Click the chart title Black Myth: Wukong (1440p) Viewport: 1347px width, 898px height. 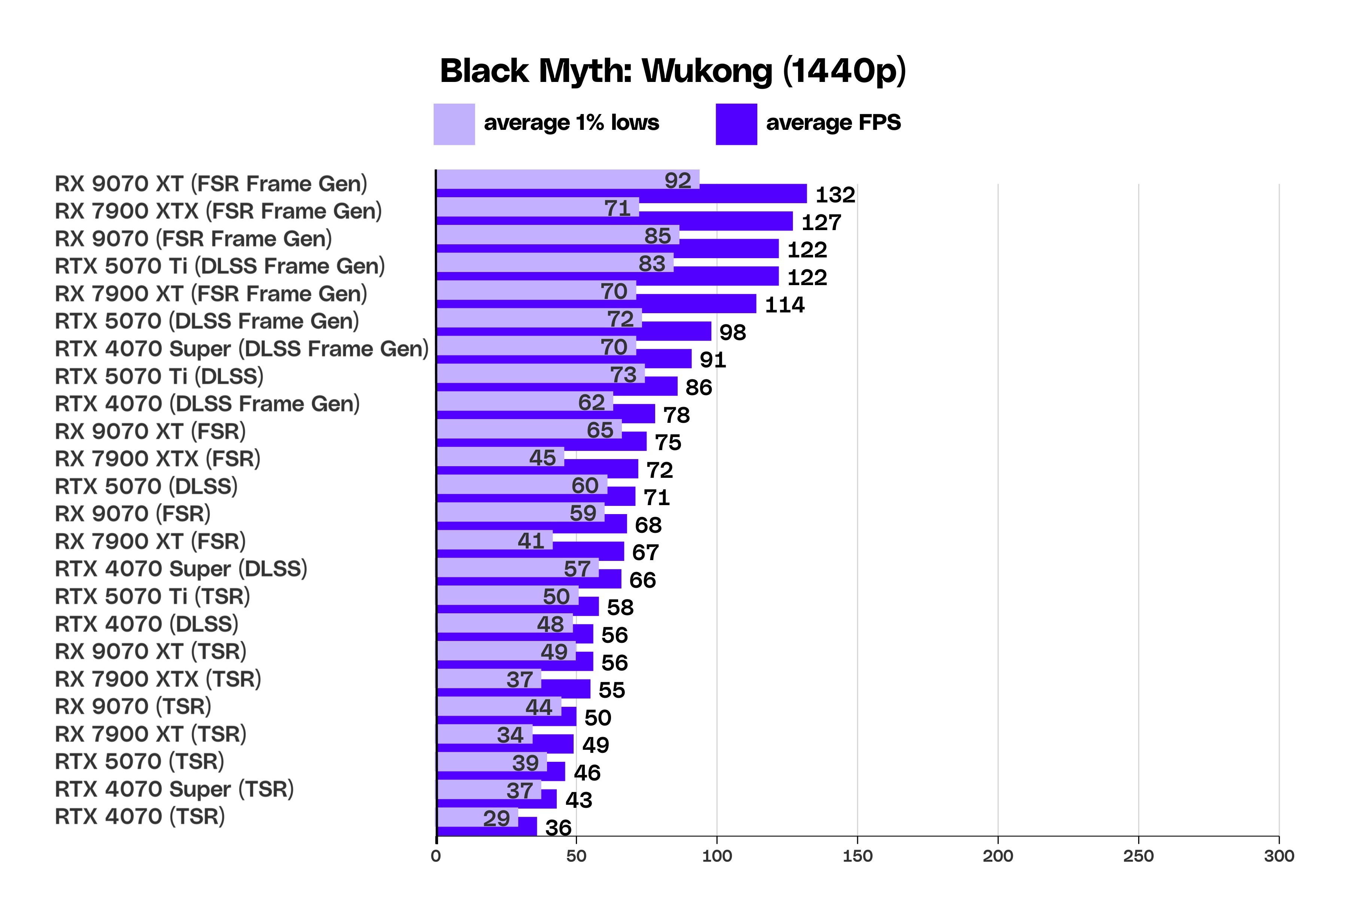pos(672,71)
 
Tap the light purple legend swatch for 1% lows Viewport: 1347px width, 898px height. pos(454,124)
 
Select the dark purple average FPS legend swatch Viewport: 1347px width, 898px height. pos(736,124)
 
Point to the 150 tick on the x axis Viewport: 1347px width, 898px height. pos(857,856)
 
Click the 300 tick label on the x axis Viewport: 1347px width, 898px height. pos(1279,856)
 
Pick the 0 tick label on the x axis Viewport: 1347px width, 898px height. pos(436,856)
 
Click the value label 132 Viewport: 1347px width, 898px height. pos(835,195)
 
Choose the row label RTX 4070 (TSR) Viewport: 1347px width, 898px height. pos(140,817)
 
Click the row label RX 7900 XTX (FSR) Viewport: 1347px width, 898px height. pos(158,459)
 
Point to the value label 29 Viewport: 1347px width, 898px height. pos(496,818)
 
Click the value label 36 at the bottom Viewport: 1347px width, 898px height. pos(558,828)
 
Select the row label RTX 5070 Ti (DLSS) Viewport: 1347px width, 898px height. pos(159,376)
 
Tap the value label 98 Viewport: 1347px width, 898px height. pos(733,333)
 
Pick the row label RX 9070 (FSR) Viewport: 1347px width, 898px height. pos(132,514)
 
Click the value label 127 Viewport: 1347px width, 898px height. pos(821,223)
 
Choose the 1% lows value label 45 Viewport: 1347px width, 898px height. pos(542,458)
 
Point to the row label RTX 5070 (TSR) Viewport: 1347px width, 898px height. pos(139,762)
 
